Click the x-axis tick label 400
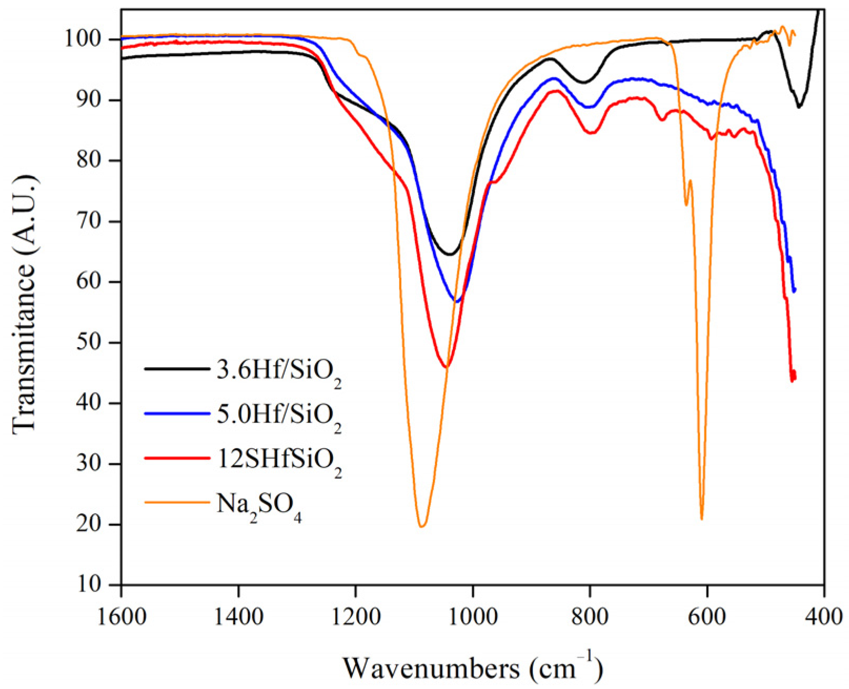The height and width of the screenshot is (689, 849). (x=824, y=615)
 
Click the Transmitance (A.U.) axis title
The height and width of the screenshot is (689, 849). (x=25, y=305)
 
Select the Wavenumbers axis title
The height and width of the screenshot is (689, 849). (x=472, y=668)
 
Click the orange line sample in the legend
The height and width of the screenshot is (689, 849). (x=177, y=502)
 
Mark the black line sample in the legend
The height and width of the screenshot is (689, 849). (x=177, y=369)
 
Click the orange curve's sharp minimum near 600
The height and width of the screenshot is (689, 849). (x=702, y=519)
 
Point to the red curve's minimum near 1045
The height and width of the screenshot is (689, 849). (x=446, y=367)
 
